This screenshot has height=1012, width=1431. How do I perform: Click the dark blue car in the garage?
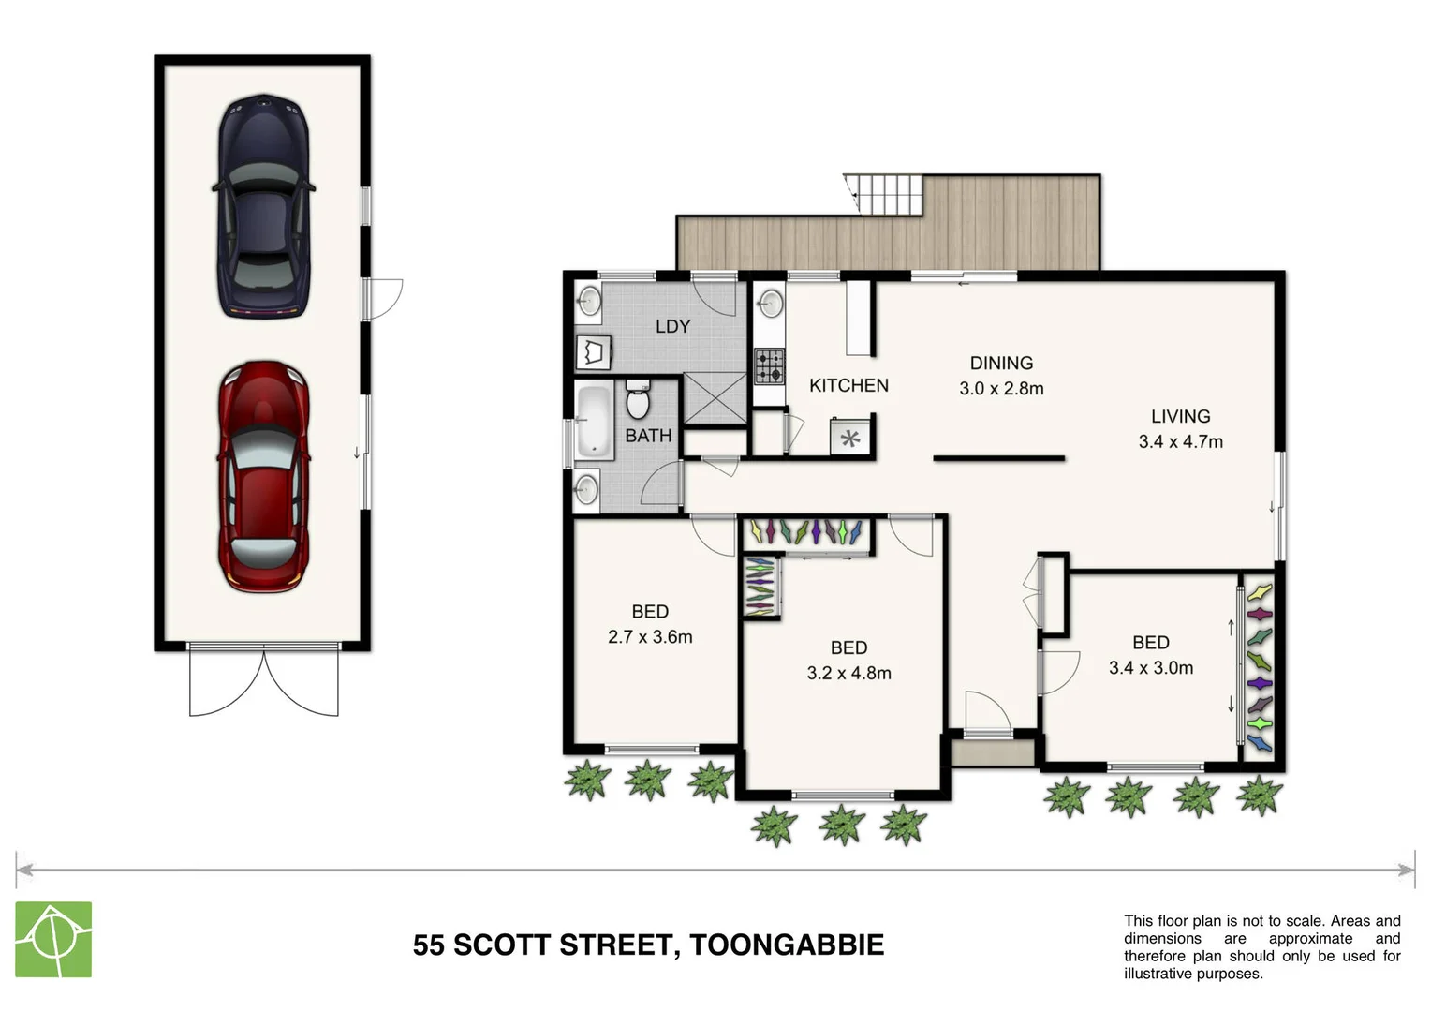(263, 206)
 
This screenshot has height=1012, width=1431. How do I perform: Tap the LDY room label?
(672, 326)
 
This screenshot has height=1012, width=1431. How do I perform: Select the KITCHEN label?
(848, 385)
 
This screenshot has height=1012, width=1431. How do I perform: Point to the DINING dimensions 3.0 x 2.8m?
(1001, 388)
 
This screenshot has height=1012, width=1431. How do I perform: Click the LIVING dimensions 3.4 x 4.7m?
(1180, 441)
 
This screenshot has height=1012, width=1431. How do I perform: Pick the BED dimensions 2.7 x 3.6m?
(650, 637)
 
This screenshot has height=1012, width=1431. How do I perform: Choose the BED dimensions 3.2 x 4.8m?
(848, 673)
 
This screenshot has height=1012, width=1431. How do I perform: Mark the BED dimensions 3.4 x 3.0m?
(1150, 667)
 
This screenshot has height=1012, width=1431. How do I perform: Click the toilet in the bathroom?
(637, 399)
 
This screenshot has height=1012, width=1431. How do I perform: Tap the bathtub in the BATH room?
(593, 422)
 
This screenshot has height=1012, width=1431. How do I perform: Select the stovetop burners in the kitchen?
(770, 365)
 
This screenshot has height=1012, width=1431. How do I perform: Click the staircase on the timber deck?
(885, 194)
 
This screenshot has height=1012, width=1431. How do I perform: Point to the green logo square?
(53, 939)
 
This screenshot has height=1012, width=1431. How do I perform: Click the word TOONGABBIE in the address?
(787, 945)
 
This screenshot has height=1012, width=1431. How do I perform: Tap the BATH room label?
(648, 436)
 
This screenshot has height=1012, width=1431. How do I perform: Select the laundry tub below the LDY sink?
(593, 353)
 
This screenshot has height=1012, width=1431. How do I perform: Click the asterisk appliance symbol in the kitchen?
(850, 438)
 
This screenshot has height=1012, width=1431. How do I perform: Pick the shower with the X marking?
(715, 398)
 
